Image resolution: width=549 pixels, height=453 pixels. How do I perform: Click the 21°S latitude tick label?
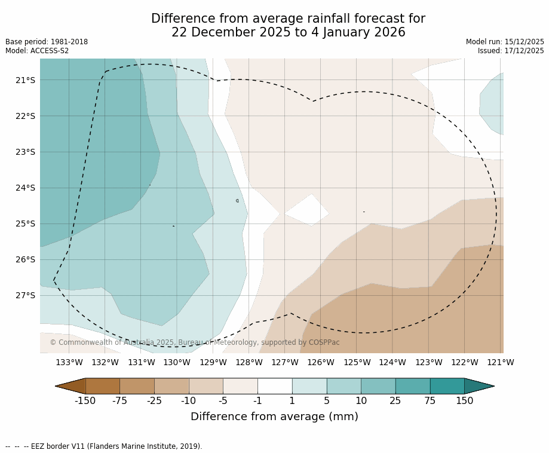click(x=25, y=80)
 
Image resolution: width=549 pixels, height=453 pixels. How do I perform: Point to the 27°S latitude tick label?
click(x=25, y=295)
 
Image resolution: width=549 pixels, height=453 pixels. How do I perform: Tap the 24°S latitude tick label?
click(x=25, y=188)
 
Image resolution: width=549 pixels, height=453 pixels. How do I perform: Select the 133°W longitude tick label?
click(x=69, y=362)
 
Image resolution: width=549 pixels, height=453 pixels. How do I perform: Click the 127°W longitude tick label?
click(x=285, y=362)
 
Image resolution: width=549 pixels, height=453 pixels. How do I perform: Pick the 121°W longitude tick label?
click(x=501, y=362)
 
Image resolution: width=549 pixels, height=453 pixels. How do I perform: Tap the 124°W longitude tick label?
click(x=392, y=362)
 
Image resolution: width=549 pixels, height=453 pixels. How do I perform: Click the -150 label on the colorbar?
click(x=85, y=400)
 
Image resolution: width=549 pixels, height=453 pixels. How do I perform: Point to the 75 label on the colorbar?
click(x=430, y=400)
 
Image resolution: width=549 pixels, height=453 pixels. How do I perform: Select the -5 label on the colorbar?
click(x=223, y=400)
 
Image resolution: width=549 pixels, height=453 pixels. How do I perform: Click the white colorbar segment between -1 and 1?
click(x=275, y=386)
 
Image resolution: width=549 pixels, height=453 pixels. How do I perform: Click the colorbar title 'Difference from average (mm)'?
click(x=274, y=417)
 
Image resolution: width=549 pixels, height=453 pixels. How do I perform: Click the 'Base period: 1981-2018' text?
click(x=47, y=42)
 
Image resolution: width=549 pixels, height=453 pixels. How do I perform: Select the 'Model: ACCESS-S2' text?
click(x=37, y=51)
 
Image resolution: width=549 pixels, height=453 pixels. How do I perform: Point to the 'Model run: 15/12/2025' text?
click(x=505, y=42)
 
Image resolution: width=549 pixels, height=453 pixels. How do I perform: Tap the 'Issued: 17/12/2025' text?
click(x=511, y=51)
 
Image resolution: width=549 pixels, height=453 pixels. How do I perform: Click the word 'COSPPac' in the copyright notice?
click(x=324, y=342)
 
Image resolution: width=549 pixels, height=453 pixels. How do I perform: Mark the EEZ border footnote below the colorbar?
click(x=104, y=446)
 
